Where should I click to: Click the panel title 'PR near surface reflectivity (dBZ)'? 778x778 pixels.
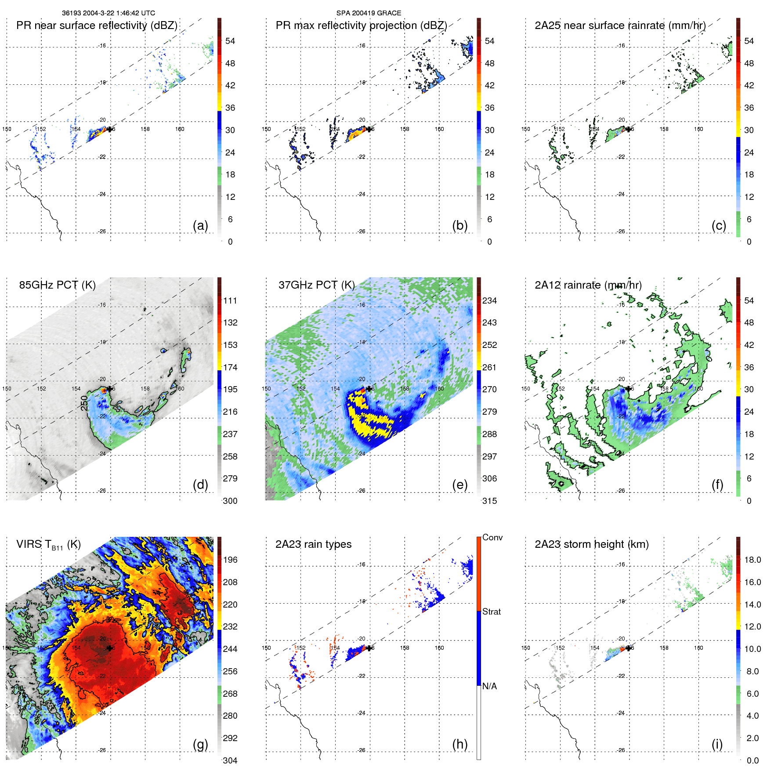point(97,25)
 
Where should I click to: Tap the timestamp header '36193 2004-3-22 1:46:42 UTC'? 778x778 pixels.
point(108,13)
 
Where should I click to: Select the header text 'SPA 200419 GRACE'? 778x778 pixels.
point(369,13)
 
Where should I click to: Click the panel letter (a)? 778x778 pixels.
point(200,225)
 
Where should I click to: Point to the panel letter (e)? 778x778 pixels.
point(460,485)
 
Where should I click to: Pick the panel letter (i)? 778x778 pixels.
point(717,744)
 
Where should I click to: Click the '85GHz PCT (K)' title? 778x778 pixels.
point(57,285)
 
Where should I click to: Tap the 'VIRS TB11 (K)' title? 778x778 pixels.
point(48,545)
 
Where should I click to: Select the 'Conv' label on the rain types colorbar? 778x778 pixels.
point(492,537)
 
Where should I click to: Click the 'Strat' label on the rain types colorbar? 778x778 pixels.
point(492,612)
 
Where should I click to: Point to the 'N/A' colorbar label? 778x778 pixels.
point(489,686)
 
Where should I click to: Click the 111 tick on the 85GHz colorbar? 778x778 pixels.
point(230,300)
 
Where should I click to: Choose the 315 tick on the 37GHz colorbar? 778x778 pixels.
point(489,501)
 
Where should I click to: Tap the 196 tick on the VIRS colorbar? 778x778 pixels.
point(230,560)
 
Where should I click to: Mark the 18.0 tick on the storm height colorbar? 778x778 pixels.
point(752,560)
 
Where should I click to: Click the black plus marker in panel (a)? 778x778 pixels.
point(110,129)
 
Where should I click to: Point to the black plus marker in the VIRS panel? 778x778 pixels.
point(110,648)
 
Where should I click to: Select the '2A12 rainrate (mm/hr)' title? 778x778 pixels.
point(588,285)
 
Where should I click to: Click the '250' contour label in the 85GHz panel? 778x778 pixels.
point(84,403)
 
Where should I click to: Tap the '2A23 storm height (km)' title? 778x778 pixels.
point(591,544)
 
